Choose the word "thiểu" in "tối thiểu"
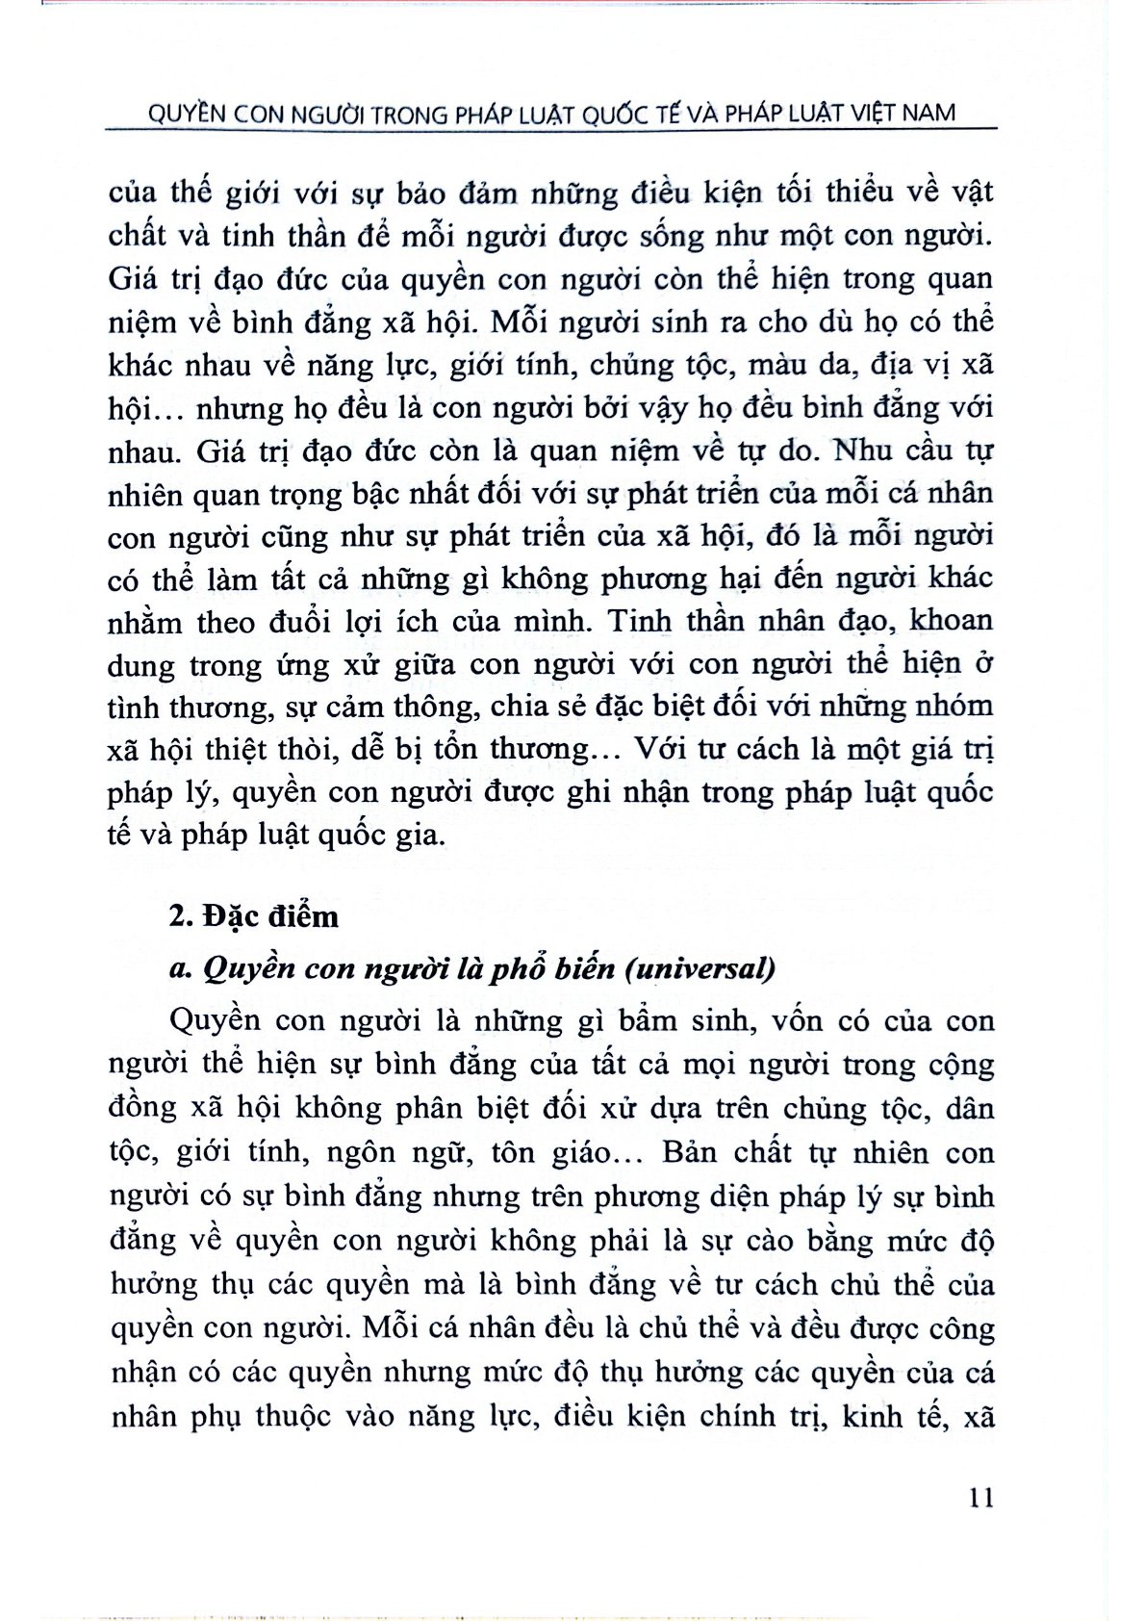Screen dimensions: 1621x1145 (x=851, y=192)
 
